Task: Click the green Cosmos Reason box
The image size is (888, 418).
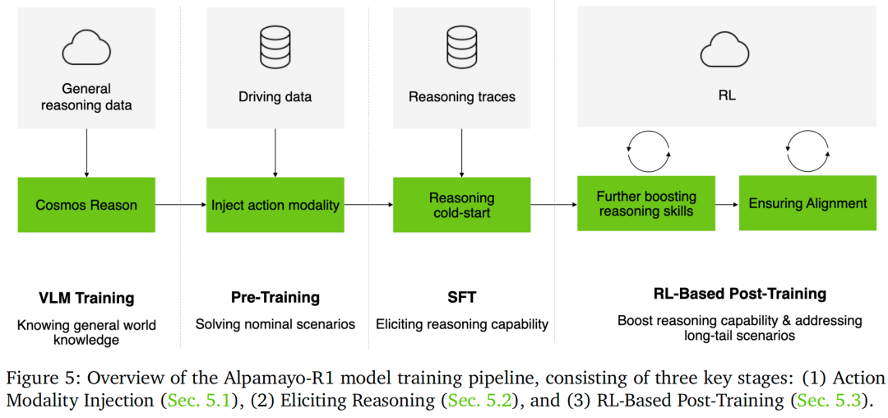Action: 86,205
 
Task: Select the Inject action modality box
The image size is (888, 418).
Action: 275,205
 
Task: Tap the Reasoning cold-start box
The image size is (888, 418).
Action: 461,205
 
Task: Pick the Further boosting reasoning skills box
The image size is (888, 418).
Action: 646,203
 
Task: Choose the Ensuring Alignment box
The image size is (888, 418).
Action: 807,203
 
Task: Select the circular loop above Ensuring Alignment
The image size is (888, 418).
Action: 808,151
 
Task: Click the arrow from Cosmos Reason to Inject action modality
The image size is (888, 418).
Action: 180,205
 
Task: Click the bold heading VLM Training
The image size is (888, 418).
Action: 86,297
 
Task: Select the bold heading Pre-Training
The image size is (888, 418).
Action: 275,297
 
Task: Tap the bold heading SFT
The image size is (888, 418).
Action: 461,297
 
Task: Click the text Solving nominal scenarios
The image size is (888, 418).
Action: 275,324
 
